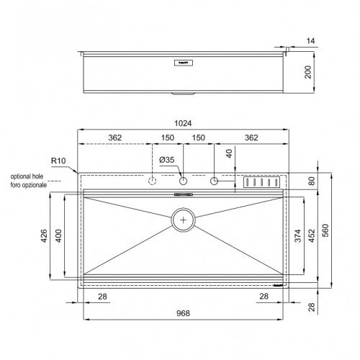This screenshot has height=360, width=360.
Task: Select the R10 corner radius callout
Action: pos(58,161)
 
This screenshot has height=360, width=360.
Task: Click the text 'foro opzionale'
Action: pos(28,185)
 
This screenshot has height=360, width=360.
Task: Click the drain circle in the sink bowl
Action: pos(184,220)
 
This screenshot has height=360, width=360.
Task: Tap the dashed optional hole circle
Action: pos(153,181)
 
